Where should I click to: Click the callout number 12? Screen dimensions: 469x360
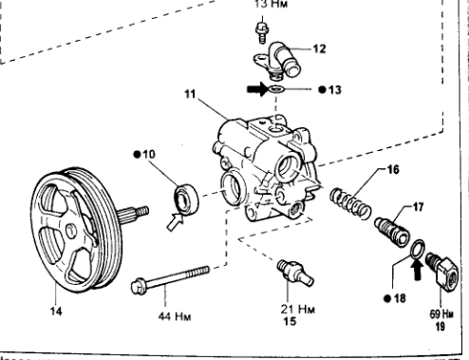(319, 49)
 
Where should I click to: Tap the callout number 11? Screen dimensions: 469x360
(190, 94)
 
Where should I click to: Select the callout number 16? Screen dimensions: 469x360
(393, 170)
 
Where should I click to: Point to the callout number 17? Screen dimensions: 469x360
(418, 207)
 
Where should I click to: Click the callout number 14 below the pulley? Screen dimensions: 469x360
(56, 312)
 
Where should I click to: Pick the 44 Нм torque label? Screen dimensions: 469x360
(175, 316)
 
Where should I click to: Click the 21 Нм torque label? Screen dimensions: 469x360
(298, 309)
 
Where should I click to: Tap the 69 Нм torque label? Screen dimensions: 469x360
(441, 313)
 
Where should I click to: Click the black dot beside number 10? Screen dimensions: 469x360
(137, 154)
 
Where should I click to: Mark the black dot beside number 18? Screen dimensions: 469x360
(387, 298)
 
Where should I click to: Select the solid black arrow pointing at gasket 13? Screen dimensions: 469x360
(257, 89)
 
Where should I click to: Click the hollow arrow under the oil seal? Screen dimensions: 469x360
(175, 221)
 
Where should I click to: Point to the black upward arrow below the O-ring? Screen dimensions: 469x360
(418, 271)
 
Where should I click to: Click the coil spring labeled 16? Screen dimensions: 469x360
(350, 203)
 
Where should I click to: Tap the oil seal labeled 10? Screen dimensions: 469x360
(186, 199)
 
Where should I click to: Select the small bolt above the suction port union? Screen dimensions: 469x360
(262, 32)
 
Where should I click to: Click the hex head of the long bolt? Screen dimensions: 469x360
(138, 286)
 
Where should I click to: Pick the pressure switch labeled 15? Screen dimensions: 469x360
(294, 274)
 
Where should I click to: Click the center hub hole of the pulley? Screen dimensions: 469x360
(70, 231)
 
